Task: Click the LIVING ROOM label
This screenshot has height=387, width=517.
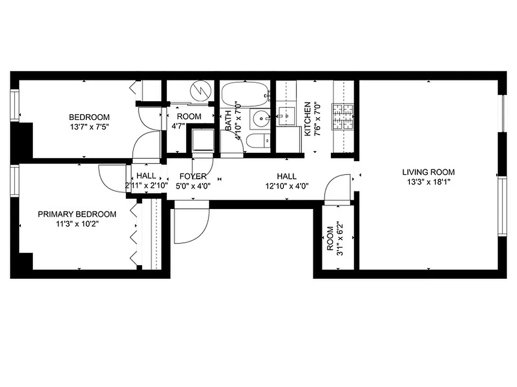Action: point(428,172)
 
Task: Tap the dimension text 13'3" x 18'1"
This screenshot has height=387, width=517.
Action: point(428,182)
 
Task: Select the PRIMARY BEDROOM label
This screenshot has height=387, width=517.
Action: point(77,214)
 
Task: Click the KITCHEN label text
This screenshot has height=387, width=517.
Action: point(307,119)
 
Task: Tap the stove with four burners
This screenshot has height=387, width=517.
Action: point(344,117)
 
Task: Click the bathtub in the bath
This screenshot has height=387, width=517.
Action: point(245,95)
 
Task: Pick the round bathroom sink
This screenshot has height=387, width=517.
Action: point(262,118)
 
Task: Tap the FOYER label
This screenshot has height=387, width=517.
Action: point(193,176)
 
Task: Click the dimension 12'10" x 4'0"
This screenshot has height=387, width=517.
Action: point(287,185)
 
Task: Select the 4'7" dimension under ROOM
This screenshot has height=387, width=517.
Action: point(179,127)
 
